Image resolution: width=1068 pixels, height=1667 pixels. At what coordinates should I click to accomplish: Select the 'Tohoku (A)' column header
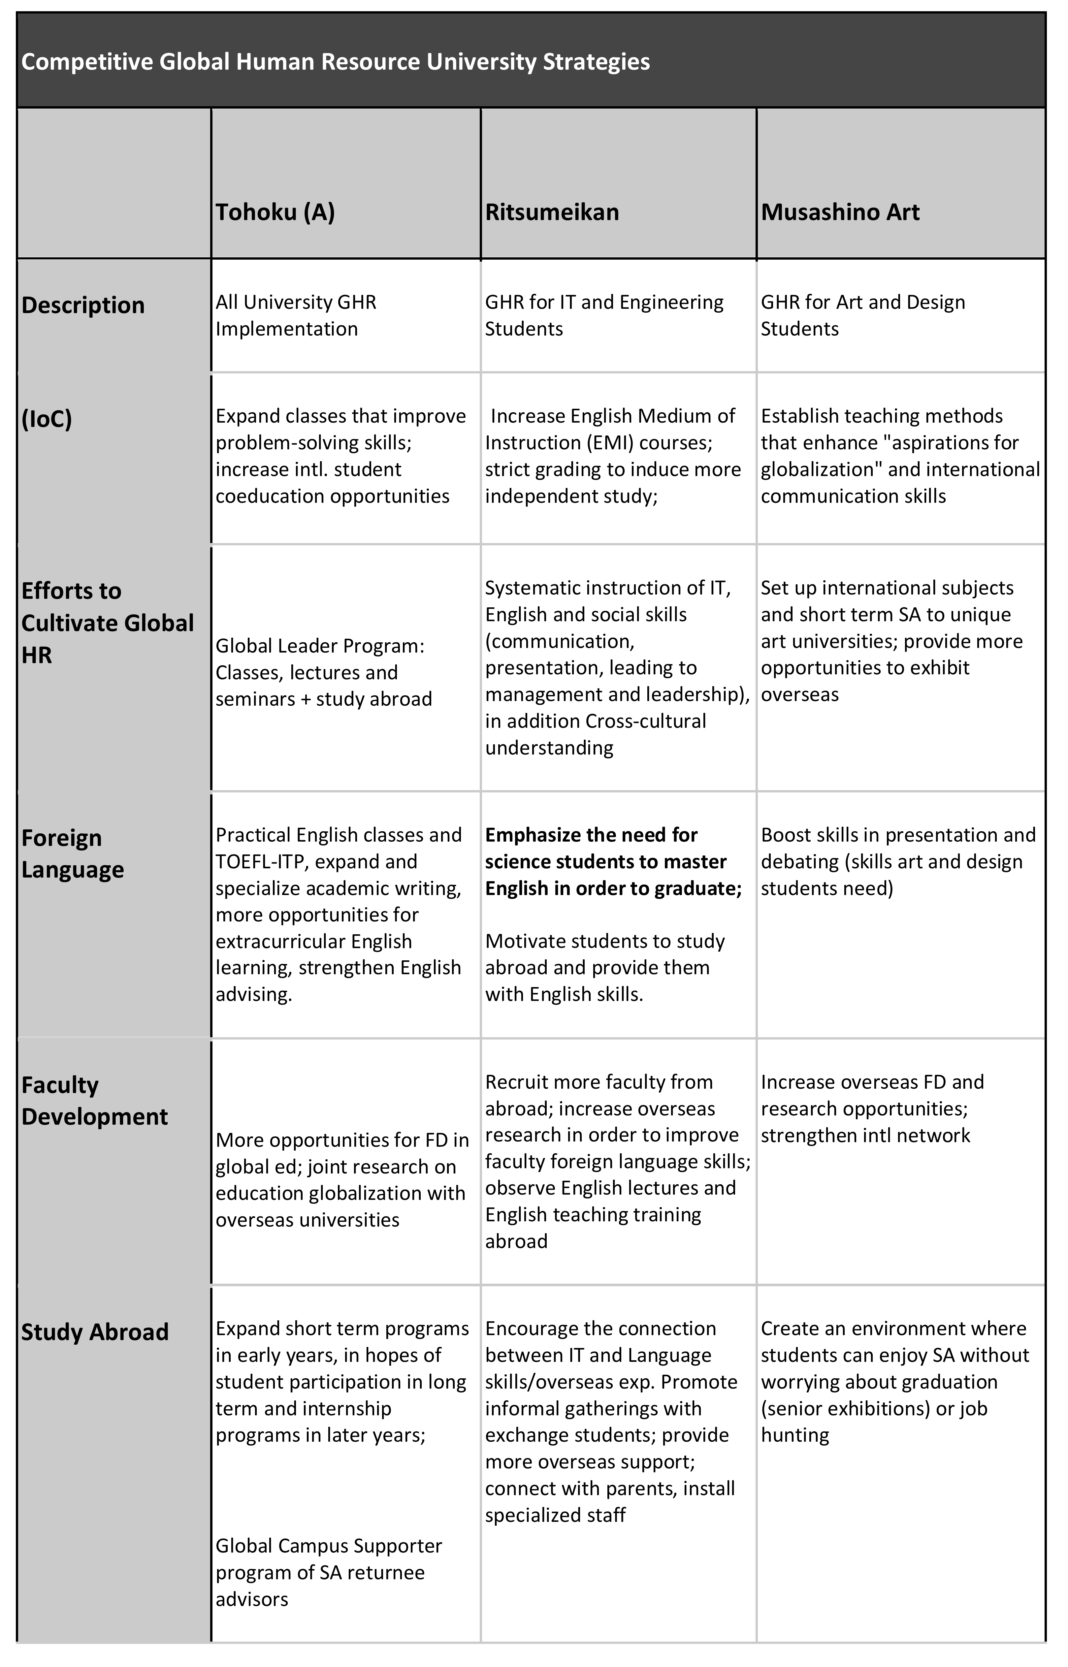click(275, 212)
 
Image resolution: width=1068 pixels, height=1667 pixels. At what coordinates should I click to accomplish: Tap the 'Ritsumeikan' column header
click(552, 212)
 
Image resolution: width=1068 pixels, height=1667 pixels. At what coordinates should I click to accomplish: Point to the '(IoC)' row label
click(47, 420)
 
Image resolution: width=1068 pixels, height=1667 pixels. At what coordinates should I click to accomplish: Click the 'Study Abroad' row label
click(95, 1332)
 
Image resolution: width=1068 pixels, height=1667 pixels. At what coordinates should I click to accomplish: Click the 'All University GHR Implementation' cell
click(296, 315)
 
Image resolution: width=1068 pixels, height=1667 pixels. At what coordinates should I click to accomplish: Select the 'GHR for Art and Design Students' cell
click(863, 315)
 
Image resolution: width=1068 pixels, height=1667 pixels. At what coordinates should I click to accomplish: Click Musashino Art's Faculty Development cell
click(872, 1108)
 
